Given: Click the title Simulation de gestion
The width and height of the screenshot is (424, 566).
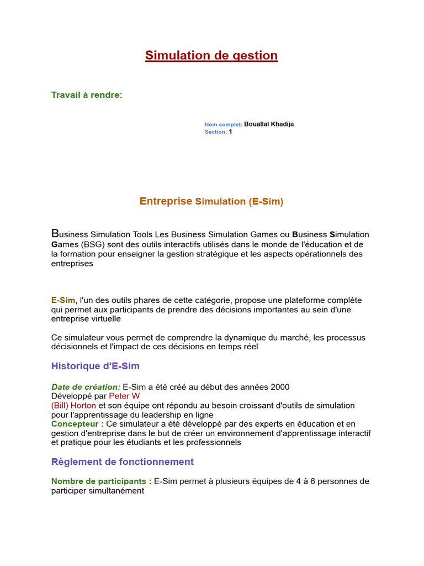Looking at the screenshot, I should (x=211, y=56).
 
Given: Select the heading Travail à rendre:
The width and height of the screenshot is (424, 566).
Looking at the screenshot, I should (x=87, y=95).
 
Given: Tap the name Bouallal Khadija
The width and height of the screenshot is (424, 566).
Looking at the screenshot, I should (x=269, y=124).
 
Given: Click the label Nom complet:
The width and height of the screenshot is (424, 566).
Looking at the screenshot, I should (x=223, y=125).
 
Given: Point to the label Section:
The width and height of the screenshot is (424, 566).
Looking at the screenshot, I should (x=215, y=132).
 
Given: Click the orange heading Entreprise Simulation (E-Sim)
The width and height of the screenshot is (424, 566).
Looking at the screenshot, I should (x=211, y=202).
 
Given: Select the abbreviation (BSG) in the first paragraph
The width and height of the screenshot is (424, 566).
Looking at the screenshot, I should (x=95, y=244).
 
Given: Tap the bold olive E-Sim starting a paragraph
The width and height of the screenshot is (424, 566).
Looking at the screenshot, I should (x=63, y=300).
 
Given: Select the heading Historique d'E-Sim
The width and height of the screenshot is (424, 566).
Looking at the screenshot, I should (x=96, y=366).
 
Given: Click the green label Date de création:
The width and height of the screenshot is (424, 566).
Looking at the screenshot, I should (x=86, y=387).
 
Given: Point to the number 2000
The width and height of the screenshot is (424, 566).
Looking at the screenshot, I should (x=280, y=387).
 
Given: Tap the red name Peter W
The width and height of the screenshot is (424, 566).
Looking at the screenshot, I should (x=124, y=396).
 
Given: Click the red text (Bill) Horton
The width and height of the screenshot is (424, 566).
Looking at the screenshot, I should (x=73, y=406).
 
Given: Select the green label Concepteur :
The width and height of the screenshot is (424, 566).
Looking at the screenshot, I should (x=77, y=424).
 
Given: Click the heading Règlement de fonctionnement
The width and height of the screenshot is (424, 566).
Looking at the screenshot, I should (x=123, y=462).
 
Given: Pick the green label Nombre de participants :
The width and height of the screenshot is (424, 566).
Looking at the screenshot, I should (x=101, y=481).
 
